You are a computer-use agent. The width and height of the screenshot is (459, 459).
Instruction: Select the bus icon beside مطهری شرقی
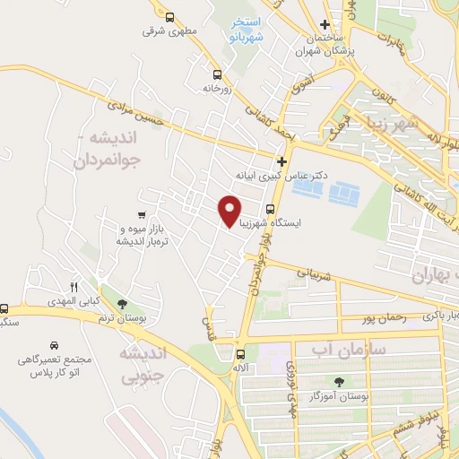tap(169, 16)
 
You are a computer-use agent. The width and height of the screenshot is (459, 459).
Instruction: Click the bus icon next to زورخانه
tap(217, 75)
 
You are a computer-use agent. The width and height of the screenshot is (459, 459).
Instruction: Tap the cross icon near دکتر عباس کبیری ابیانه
tap(281, 160)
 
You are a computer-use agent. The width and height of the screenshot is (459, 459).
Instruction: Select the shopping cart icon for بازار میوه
tap(142, 215)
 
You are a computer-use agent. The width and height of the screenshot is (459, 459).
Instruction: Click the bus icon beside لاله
tap(239, 353)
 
